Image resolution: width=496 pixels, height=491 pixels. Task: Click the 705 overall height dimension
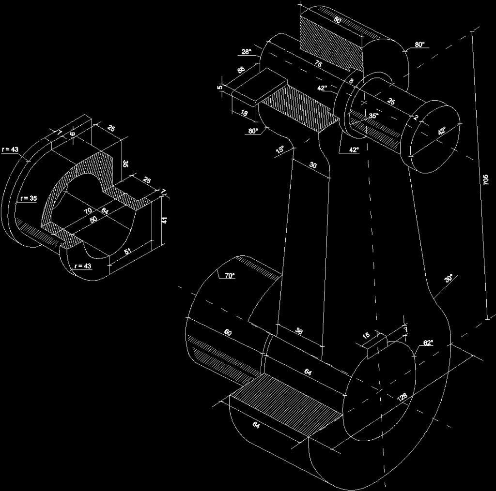(x=486, y=180)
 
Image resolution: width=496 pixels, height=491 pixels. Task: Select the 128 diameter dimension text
(x=402, y=397)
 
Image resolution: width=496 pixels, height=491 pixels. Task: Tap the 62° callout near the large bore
(x=428, y=343)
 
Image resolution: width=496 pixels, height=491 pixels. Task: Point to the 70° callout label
(x=229, y=275)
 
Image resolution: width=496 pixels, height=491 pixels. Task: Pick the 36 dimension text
(x=299, y=331)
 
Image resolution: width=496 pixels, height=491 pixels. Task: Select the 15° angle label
(x=280, y=149)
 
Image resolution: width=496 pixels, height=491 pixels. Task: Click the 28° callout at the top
(x=247, y=52)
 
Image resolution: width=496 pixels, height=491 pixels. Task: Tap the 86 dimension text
(x=241, y=70)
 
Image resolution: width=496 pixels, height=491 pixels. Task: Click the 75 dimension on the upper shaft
(x=318, y=63)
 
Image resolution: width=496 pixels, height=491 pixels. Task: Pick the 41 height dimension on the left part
(x=164, y=220)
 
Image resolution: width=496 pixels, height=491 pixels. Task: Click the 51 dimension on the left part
(x=128, y=251)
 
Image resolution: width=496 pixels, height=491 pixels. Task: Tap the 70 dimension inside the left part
(x=88, y=211)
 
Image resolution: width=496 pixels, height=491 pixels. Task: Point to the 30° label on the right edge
(x=449, y=279)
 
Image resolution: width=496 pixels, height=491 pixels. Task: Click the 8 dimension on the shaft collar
(x=351, y=81)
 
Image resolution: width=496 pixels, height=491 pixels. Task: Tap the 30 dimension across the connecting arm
(x=313, y=165)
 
